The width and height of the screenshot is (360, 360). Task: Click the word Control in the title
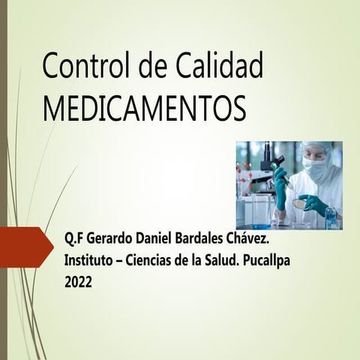click(x=86, y=65)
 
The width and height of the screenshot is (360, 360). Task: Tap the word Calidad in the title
click(x=219, y=65)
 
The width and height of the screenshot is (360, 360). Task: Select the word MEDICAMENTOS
click(x=144, y=109)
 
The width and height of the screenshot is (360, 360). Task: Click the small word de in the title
click(x=153, y=65)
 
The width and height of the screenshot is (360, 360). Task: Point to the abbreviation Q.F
click(x=73, y=239)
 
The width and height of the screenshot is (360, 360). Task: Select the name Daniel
click(x=153, y=239)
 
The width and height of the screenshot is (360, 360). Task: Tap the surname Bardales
click(x=199, y=239)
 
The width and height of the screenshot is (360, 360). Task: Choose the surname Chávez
click(x=246, y=239)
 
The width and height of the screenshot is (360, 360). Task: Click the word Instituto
click(x=88, y=260)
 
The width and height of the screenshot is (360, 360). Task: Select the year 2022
click(x=78, y=283)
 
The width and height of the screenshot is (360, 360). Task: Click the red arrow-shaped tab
click(x=27, y=247)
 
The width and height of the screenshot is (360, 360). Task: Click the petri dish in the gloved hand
click(x=299, y=202)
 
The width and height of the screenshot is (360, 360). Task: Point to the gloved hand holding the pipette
click(x=280, y=187)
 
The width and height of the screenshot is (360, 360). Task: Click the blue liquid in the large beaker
click(x=261, y=226)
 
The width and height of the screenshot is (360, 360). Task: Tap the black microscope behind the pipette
click(x=271, y=163)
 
